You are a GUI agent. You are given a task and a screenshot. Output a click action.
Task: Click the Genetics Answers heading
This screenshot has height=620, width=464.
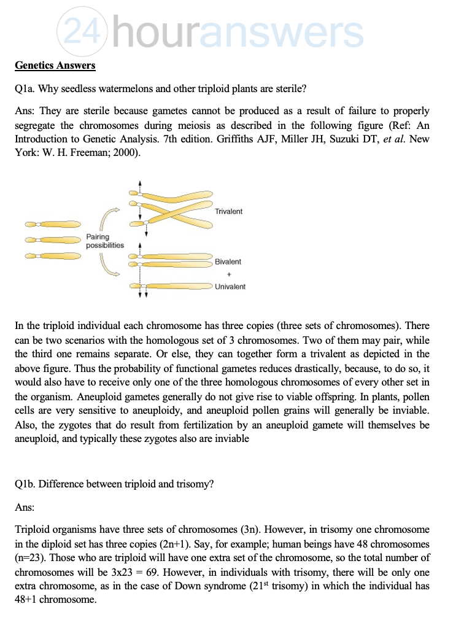pyautogui.click(x=55, y=65)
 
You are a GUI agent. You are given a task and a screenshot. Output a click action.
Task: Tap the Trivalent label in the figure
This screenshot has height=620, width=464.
pyautogui.click(x=229, y=211)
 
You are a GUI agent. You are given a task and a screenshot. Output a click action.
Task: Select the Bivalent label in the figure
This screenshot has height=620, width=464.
pyautogui.click(x=228, y=262)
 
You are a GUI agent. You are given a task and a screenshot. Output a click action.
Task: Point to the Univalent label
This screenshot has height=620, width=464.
pyautogui.click(x=230, y=287)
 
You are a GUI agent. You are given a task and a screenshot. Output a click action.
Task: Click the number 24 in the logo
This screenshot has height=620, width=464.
pyautogui.click(x=83, y=31)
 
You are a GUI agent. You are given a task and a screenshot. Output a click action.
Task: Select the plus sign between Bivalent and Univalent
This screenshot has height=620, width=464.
pyautogui.click(x=228, y=274)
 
